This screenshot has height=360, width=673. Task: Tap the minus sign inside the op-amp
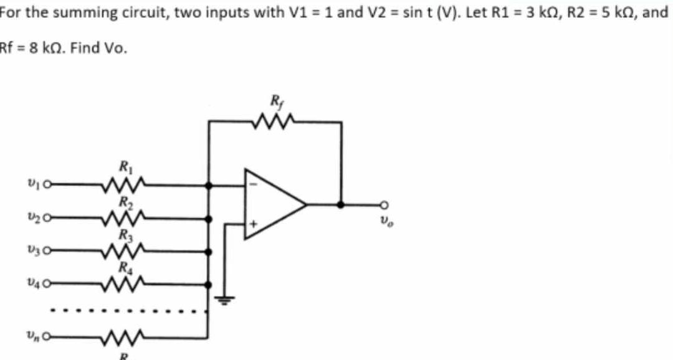pyautogui.click(x=252, y=185)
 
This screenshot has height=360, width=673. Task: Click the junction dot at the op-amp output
pyautogui.click(x=340, y=204)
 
